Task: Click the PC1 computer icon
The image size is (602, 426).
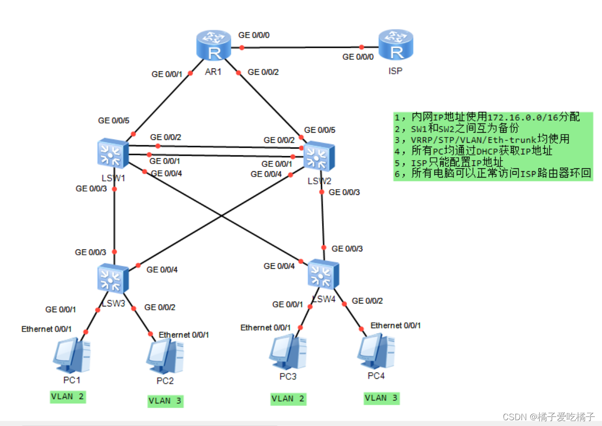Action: coord(71,355)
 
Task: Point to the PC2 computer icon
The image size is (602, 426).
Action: coord(165,356)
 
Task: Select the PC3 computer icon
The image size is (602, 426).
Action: coord(288,353)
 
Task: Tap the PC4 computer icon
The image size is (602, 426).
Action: coord(376,352)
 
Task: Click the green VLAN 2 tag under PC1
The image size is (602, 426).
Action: coord(68,397)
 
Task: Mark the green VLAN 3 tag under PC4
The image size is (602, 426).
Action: coord(382,398)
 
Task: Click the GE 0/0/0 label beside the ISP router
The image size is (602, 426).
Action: coord(358,57)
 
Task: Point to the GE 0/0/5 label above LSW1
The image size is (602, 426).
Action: coord(114,121)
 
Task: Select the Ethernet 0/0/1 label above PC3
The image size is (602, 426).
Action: coord(266,328)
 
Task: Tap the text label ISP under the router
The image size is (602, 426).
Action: coord(395,70)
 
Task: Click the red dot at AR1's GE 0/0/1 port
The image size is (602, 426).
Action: coord(190,73)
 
